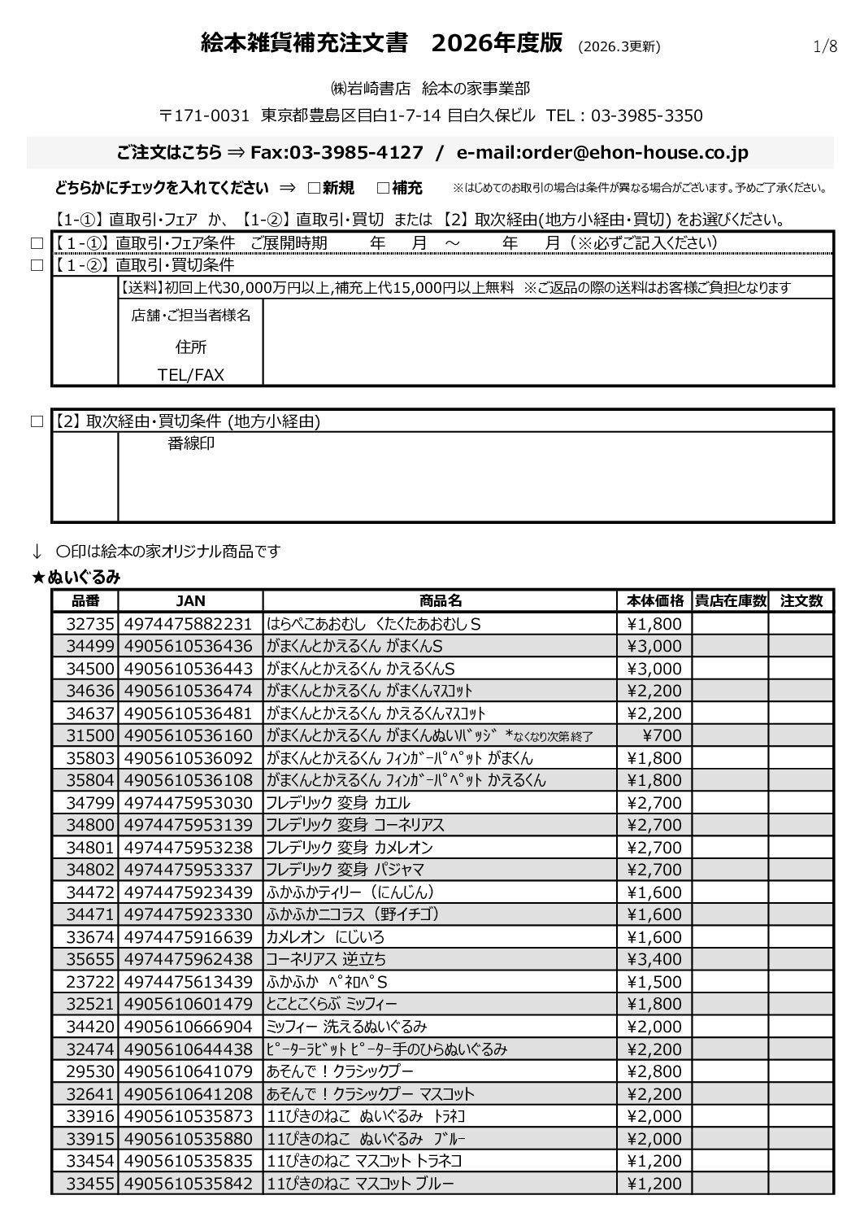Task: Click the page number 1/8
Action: [825, 46]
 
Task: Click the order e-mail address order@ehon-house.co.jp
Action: [602, 153]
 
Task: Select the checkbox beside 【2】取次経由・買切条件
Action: [35, 421]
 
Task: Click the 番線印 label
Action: [191, 444]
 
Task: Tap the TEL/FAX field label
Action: [191, 375]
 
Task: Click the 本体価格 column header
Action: [655, 601]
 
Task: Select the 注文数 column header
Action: [801, 601]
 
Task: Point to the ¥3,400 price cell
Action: [654, 960]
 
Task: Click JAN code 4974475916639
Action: [189, 937]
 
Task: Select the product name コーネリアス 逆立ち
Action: [326, 960]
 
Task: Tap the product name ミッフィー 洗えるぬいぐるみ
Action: [346, 1027]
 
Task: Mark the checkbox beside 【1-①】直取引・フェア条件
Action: [35, 243]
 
